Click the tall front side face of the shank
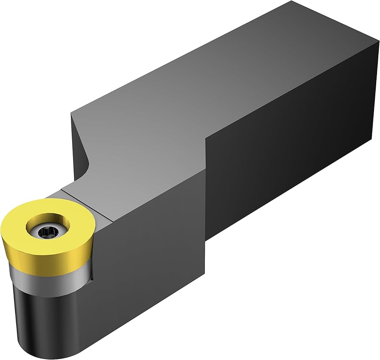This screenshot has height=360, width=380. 289,162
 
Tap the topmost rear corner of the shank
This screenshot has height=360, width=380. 292,2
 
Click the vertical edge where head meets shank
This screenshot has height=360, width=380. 206,191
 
